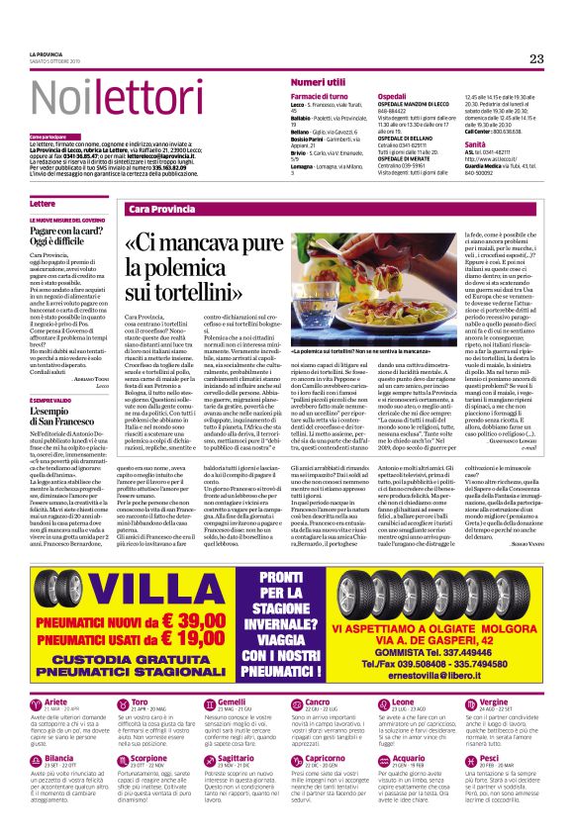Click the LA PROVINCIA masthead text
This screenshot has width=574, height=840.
tap(47, 53)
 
